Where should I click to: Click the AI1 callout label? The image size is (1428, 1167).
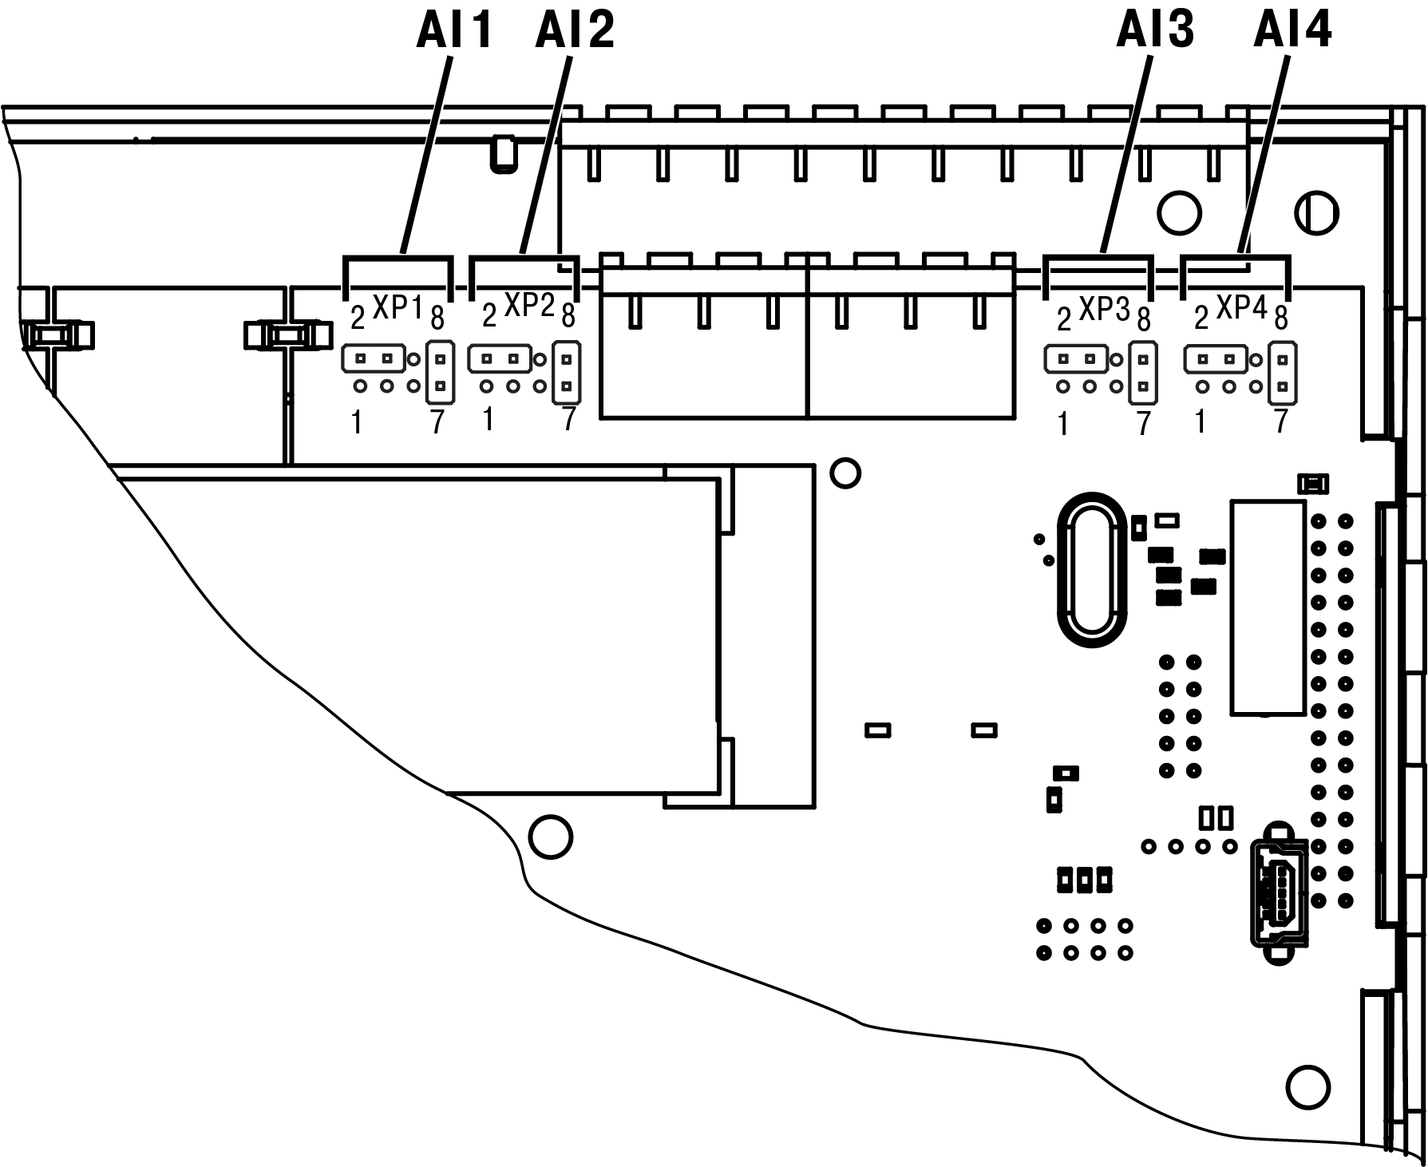click(x=453, y=33)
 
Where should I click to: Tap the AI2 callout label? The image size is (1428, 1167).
click(x=575, y=33)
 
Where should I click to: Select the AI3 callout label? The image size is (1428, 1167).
click(x=1155, y=33)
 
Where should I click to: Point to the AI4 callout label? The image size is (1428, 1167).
click(x=1292, y=33)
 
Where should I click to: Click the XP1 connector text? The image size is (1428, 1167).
click(x=397, y=307)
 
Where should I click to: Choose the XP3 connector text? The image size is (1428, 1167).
click(x=1104, y=310)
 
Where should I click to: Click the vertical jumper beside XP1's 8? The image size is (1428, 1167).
click(x=440, y=372)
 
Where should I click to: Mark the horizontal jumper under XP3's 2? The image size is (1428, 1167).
click(x=1075, y=359)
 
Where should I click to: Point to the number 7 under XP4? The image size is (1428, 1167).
click(x=1281, y=421)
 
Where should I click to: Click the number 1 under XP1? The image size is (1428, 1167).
click(x=357, y=423)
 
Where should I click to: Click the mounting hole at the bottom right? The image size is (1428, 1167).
click(x=1308, y=1087)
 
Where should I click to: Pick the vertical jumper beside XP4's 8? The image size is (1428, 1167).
click(x=1282, y=372)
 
